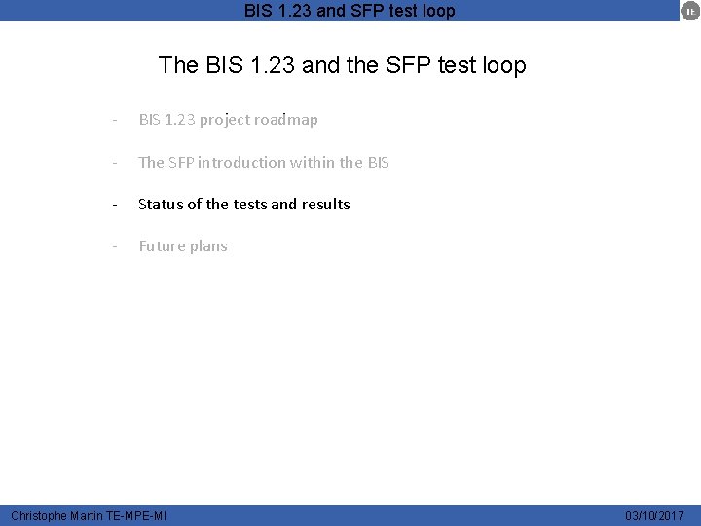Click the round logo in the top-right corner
pyautogui.click(x=688, y=11)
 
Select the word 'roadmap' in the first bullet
pyautogui.click(x=287, y=120)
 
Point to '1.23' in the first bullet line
pyautogui.click(x=180, y=120)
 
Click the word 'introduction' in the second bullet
pyautogui.click(x=244, y=163)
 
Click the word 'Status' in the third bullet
pyautogui.click(x=160, y=205)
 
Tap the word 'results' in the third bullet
pyautogui.click(x=325, y=205)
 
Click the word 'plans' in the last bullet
pyautogui.click(x=208, y=246)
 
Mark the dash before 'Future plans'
pyautogui.click(x=115, y=246)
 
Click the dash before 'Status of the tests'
pyautogui.click(x=115, y=205)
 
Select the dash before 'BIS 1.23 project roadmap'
pyautogui.click(x=115, y=120)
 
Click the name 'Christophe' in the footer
pyautogui.click(x=39, y=515)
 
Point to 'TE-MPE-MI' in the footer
pyautogui.click(x=136, y=515)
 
